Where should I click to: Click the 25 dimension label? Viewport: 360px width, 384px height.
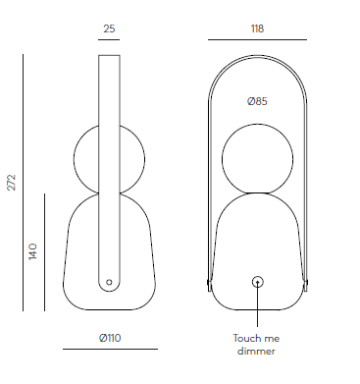[109, 28]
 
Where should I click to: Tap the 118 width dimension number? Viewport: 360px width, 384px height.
[257, 28]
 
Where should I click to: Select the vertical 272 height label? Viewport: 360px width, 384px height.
[12, 183]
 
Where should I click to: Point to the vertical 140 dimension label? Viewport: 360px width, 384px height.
[33, 251]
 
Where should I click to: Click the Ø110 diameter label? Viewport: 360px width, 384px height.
[110, 338]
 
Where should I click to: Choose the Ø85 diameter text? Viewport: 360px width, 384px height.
[257, 101]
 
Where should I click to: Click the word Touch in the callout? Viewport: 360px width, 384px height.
[245, 338]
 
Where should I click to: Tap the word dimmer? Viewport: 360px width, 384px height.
[256, 352]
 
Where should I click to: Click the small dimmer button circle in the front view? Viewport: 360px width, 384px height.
[258, 282]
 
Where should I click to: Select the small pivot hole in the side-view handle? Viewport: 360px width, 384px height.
[109, 282]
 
